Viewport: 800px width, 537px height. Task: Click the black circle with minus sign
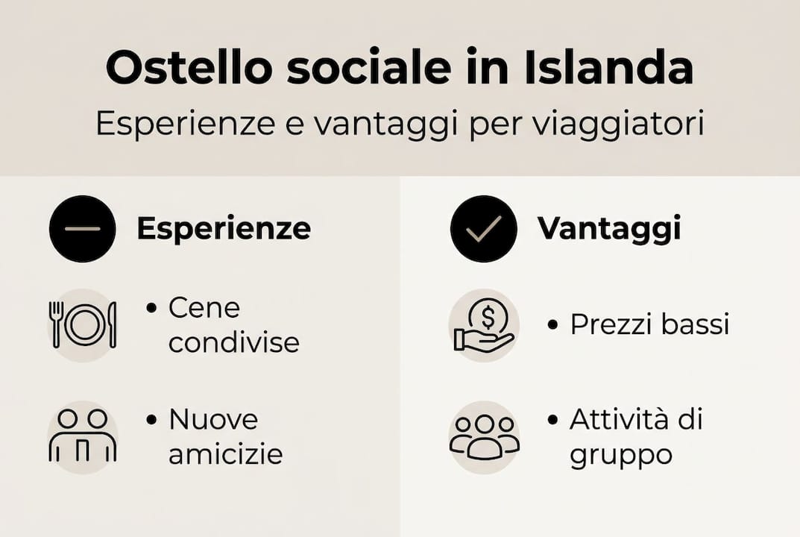(x=82, y=228)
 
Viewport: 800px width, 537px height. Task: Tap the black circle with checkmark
(x=483, y=228)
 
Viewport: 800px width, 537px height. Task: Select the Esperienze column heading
(x=223, y=228)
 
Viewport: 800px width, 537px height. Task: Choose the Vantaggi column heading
(x=609, y=228)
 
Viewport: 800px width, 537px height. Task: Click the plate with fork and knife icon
(x=82, y=324)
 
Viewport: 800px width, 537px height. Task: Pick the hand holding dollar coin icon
(x=485, y=325)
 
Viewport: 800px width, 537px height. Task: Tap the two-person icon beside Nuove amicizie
(x=82, y=436)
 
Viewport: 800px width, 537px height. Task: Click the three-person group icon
(x=485, y=436)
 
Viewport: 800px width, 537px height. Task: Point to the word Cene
(x=204, y=307)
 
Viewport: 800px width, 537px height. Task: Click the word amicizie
(x=225, y=453)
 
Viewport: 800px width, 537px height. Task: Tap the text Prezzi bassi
(x=649, y=324)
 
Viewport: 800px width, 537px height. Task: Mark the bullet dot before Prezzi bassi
(x=552, y=325)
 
